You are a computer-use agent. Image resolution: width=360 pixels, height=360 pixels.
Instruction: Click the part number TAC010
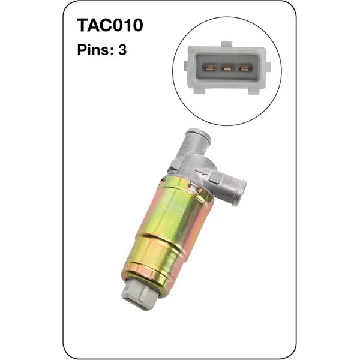click(110, 25)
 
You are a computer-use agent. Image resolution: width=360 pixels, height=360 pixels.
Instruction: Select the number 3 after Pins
click(122, 50)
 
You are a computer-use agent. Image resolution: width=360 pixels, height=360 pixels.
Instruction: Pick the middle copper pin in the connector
click(227, 68)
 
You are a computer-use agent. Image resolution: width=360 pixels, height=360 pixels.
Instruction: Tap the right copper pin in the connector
click(245, 68)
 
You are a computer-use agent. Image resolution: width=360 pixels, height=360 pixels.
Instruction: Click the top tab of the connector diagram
click(227, 44)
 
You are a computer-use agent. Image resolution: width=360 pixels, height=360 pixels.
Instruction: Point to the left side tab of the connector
click(186, 65)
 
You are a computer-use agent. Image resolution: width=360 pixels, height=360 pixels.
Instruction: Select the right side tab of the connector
click(268, 66)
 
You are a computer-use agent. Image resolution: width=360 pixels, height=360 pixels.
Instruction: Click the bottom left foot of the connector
click(200, 90)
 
